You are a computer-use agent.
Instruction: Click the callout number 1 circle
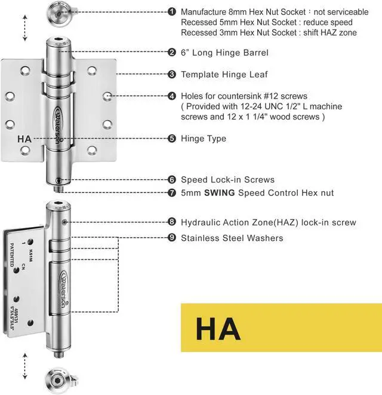point(172,11)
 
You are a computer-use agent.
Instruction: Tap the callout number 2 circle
point(172,53)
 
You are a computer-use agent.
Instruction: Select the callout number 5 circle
point(172,138)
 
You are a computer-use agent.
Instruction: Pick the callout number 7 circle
point(172,192)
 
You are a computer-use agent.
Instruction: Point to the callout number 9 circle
point(172,238)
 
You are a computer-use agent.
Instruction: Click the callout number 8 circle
point(172,222)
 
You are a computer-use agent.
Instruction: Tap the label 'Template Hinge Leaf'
point(224,75)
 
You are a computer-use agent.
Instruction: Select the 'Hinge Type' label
point(204,138)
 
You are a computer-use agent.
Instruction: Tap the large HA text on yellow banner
point(218,329)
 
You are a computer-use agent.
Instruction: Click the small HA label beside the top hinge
point(24,139)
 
